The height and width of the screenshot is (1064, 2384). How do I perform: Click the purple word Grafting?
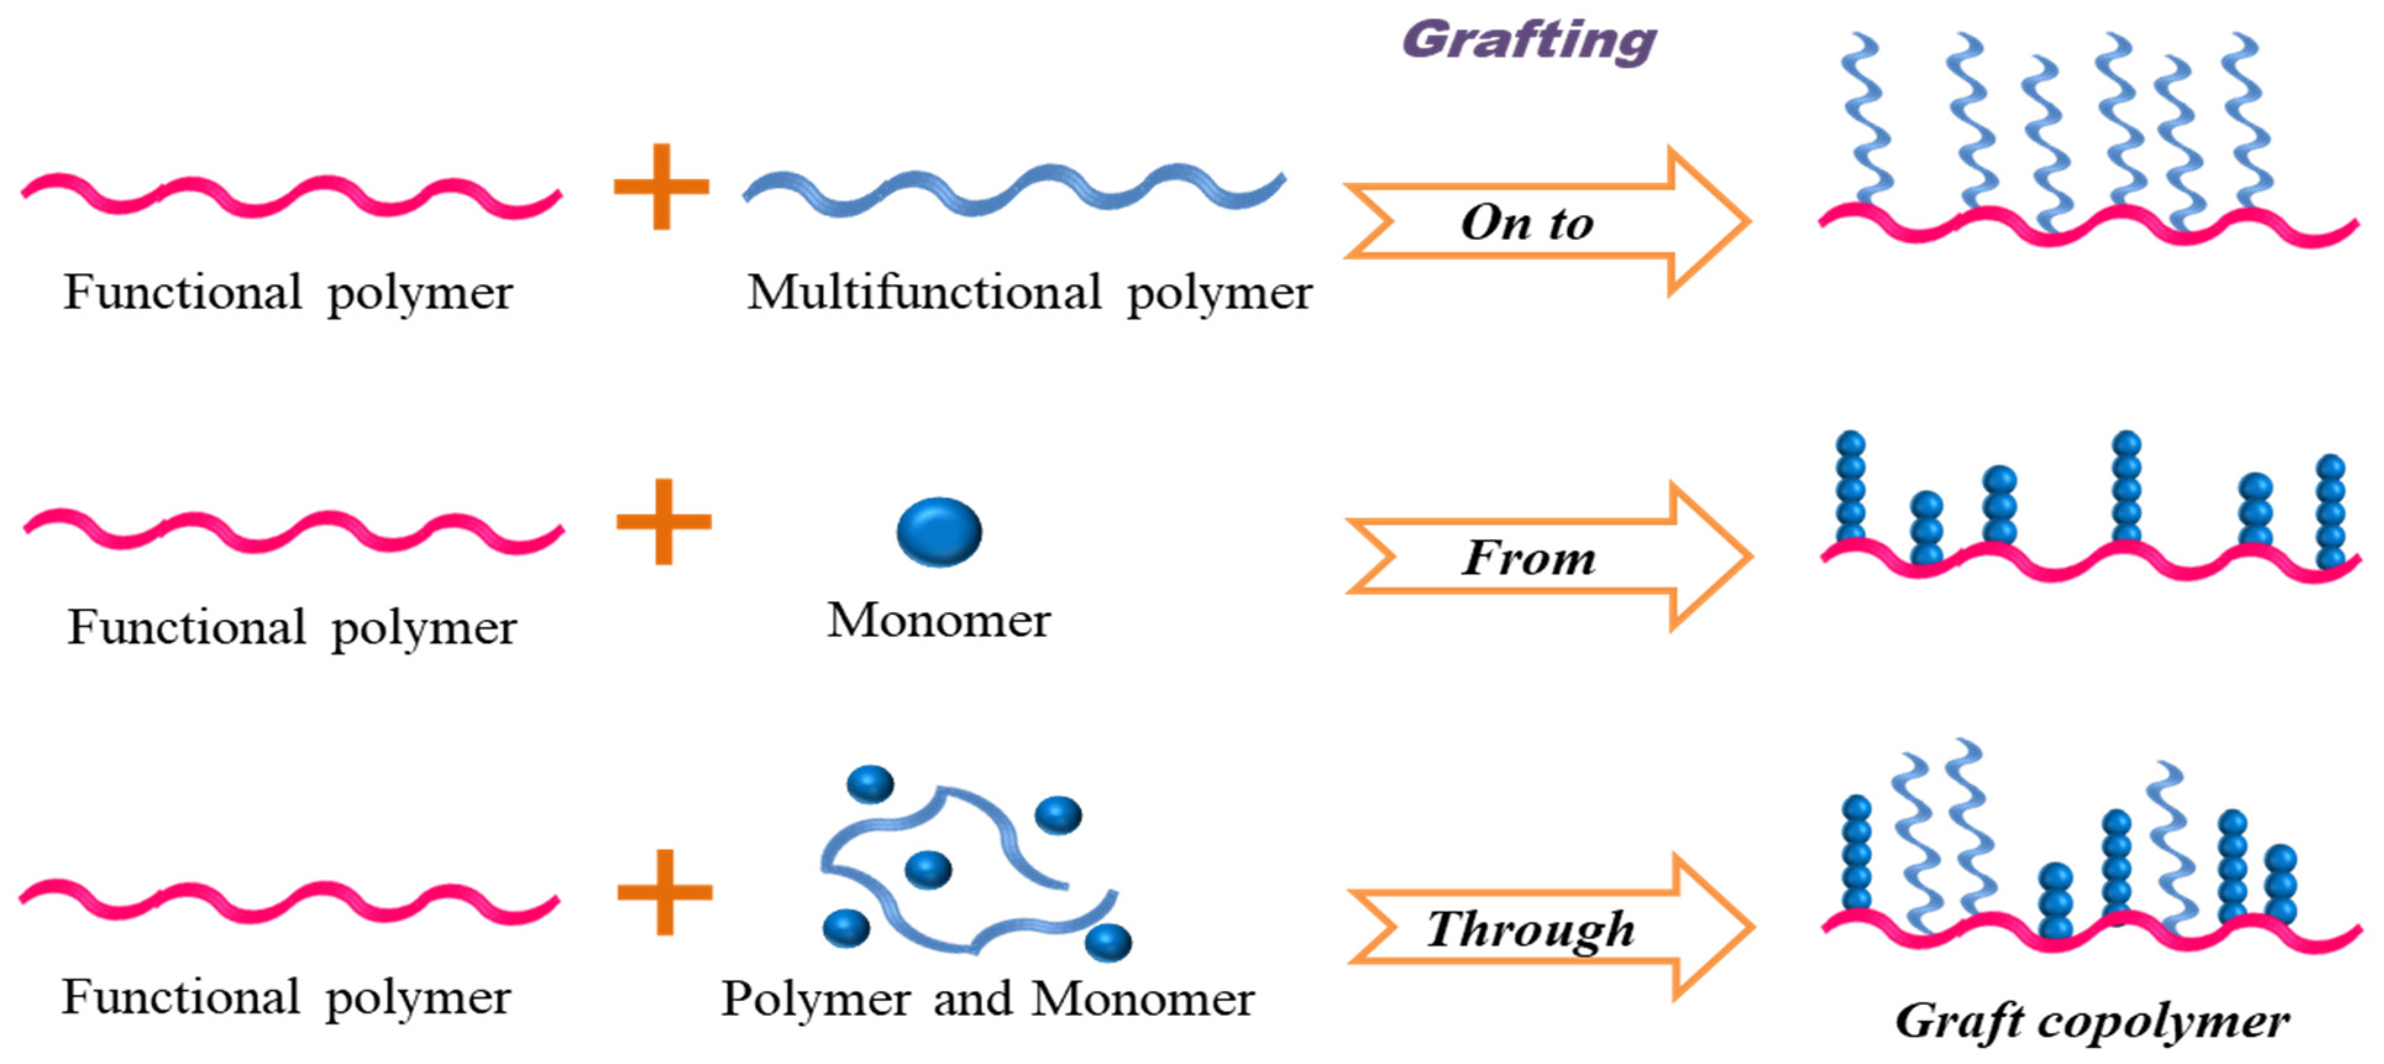(1529, 41)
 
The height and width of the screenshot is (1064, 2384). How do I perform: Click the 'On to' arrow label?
(1527, 223)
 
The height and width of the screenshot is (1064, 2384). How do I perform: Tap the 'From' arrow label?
(1529, 559)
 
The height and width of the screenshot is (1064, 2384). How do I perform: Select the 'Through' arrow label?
(1531, 929)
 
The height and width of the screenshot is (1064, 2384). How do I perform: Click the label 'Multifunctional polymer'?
(1029, 293)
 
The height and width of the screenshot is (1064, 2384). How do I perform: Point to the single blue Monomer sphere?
(938, 531)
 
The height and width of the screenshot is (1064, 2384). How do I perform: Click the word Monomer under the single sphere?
(938, 620)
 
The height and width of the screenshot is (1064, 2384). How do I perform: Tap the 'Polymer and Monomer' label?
(987, 999)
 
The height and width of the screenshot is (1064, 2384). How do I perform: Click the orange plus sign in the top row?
(661, 186)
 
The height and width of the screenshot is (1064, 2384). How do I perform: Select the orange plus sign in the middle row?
(663, 521)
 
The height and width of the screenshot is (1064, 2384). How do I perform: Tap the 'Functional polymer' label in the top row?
(288, 293)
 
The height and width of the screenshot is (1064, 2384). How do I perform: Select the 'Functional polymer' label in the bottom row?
(286, 999)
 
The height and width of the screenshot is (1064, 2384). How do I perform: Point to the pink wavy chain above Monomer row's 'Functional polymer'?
(292, 531)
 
